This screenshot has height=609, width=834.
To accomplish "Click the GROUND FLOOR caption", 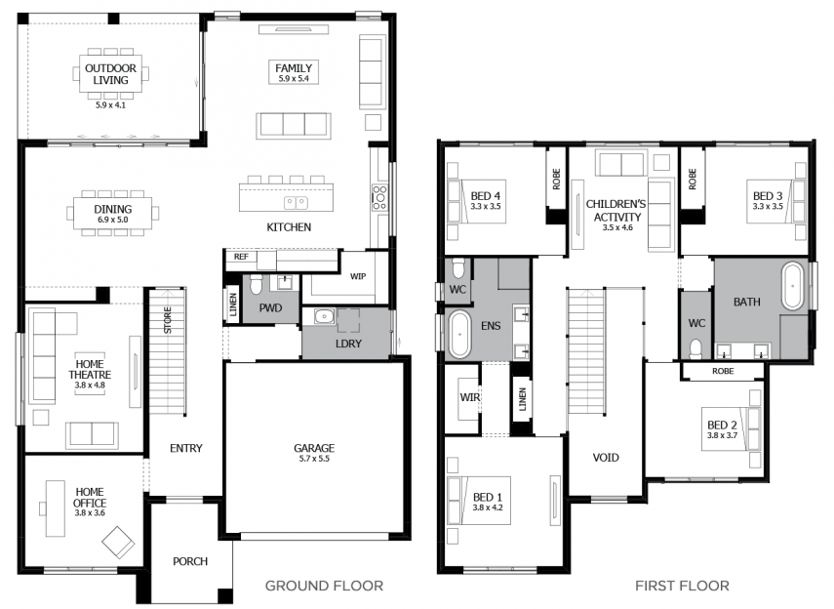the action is point(324,587).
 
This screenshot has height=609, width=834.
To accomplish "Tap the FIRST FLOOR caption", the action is point(682,587).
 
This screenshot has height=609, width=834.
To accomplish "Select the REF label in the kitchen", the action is point(241,257).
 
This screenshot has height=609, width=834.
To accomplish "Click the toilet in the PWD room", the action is point(256,285).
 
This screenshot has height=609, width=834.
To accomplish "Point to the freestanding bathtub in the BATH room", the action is point(792,286).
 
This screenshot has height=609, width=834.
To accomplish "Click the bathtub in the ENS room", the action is point(459,335).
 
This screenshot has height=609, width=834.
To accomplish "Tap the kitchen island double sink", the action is point(296,203).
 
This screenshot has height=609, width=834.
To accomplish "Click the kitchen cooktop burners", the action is point(379,197).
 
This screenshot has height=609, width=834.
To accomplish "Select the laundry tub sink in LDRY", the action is point(324,317).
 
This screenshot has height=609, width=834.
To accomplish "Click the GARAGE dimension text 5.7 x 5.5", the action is point(314,459).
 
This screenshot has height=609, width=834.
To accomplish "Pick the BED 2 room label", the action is point(722,425).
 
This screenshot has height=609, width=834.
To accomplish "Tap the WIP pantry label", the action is point(357,276).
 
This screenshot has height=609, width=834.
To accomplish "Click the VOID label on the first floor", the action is point(606,458).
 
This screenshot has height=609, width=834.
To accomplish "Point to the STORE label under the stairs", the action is point(168,320).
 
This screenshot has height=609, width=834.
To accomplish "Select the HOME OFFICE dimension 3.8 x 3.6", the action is point(90,513).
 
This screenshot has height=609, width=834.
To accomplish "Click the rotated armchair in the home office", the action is point(118,543).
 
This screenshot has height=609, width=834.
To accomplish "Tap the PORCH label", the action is point(190,561).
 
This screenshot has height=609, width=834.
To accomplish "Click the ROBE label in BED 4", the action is point(556,180).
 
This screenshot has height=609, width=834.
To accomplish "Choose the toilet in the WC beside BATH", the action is point(695,348).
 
